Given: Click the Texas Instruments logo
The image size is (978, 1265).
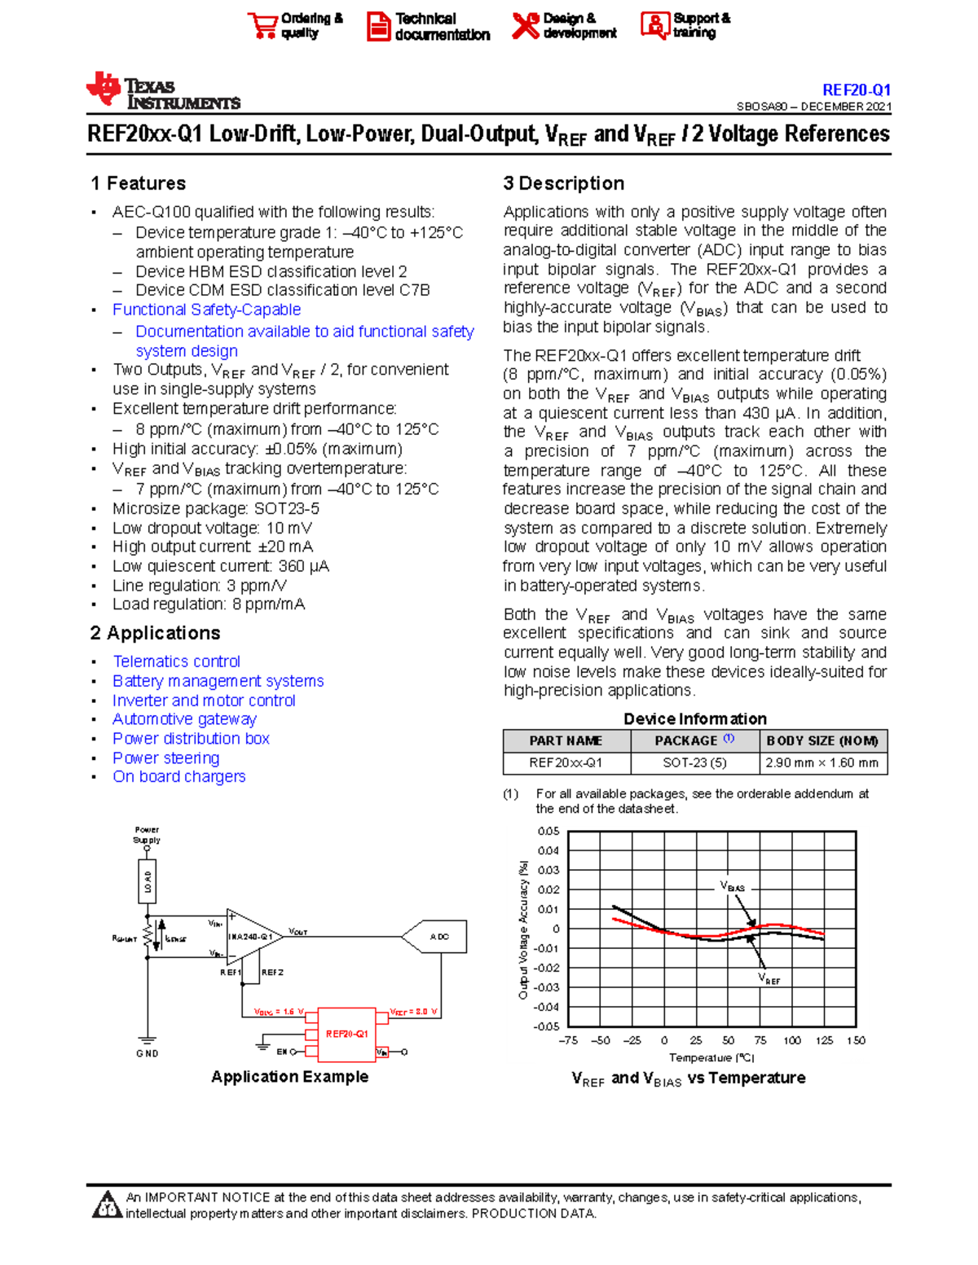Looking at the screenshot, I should tap(163, 91).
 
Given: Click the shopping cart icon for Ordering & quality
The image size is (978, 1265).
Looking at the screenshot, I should tap(262, 25).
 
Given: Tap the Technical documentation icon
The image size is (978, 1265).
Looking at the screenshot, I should tap(378, 26).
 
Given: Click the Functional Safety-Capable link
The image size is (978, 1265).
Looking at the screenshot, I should tap(206, 310).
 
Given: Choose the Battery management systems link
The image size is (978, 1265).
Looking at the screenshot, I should tap(218, 681).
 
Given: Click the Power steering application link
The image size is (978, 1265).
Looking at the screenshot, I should tap(165, 758).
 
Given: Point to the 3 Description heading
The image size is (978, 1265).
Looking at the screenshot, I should tap(564, 183).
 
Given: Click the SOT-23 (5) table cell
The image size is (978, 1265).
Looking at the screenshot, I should tap(694, 763).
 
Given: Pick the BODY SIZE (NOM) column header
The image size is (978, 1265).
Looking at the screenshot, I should tap(822, 740).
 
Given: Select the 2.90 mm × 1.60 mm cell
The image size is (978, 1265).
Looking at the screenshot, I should tap(822, 763).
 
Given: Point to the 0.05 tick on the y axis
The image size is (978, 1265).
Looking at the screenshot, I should tap(548, 832).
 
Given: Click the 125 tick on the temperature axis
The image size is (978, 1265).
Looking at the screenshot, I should tap(824, 1040).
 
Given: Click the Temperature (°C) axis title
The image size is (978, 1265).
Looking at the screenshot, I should tap(711, 1057).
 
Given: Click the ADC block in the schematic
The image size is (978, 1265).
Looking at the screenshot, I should tap(438, 937).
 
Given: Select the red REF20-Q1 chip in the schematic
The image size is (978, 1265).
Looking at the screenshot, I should tap(346, 1034).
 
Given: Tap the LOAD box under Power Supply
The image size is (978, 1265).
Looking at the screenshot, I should tap(148, 882).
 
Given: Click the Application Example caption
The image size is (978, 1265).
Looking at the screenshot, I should tap(289, 1077).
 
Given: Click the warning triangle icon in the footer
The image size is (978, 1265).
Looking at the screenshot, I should tap(107, 1205).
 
